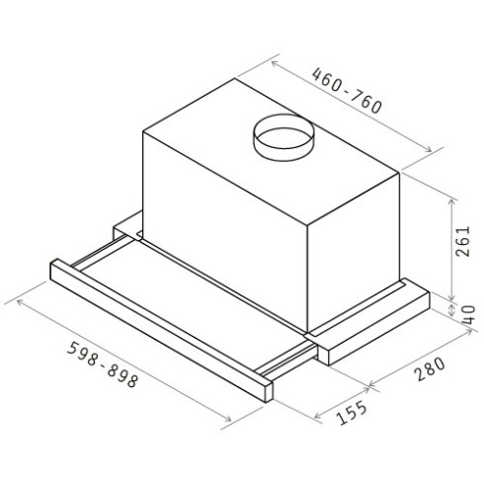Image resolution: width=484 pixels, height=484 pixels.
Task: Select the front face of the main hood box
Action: pos(227,227)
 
